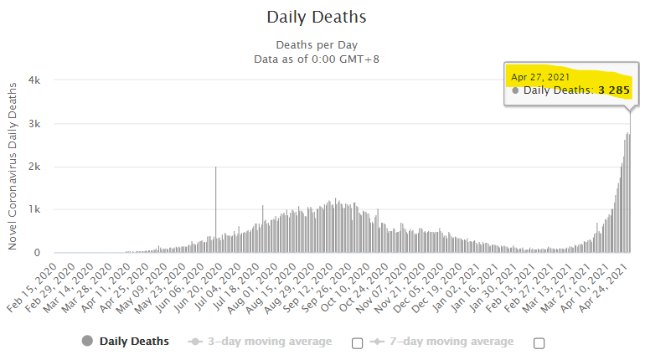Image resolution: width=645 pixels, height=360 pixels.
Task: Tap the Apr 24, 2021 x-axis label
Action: (x=611, y=285)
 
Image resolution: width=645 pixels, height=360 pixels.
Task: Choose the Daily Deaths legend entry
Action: (x=133, y=342)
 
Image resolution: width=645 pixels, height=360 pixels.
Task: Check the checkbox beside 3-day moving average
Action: (x=358, y=342)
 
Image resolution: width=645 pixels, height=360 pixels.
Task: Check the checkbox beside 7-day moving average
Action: (x=539, y=342)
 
